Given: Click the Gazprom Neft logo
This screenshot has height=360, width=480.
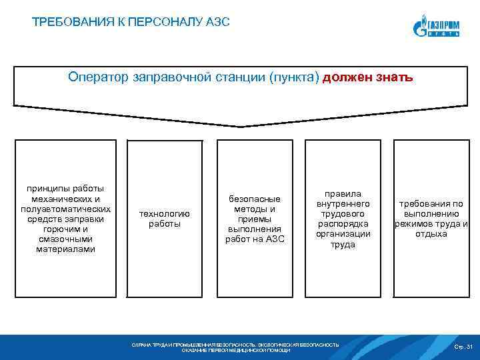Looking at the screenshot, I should tap(437, 26).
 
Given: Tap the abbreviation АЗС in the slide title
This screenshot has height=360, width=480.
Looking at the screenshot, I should tap(217, 23).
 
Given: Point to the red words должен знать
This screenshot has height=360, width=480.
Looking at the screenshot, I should tap(368, 77).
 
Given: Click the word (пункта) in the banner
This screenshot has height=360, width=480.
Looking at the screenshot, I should tap(293, 77).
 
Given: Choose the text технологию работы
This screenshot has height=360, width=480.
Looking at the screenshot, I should tap(164, 219).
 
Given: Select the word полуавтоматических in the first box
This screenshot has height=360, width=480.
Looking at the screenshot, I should tap(66, 209).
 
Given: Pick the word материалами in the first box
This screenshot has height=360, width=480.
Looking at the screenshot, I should tap(66, 249).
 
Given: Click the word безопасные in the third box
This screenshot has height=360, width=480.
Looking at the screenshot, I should tap(254, 199).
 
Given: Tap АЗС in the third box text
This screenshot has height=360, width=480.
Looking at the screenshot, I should tap(275, 239).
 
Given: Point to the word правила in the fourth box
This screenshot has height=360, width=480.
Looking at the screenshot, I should tap(343, 194).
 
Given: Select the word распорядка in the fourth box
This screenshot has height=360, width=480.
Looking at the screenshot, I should tap(343, 224).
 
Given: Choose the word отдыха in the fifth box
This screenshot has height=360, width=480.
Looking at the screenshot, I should tap(431, 234).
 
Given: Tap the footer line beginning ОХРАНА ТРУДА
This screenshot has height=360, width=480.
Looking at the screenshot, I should tap(235, 345).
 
